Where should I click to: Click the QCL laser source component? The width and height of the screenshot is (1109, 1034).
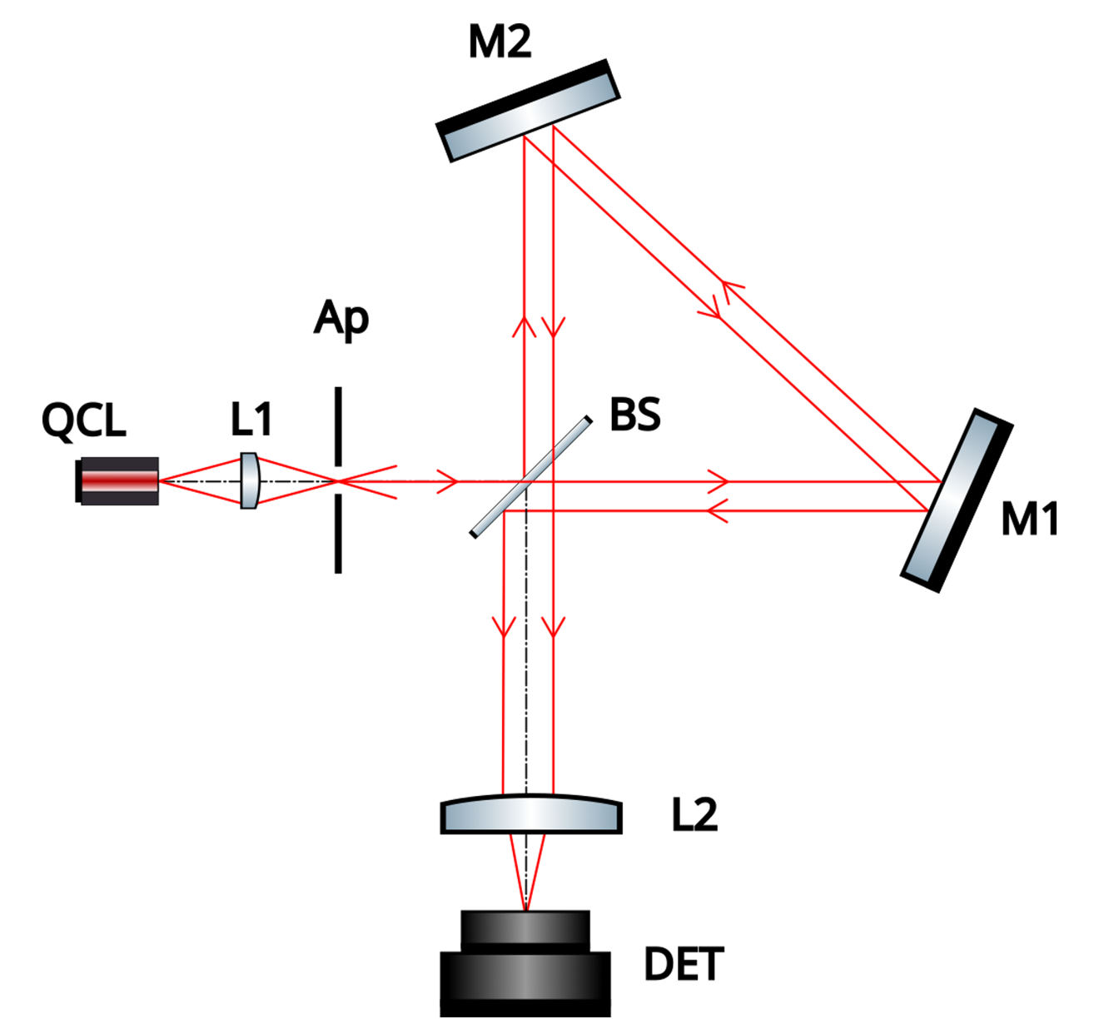tap(117, 481)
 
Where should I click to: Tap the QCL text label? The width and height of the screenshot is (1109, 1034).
tap(83, 420)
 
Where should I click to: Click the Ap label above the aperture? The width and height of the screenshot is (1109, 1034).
tap(341, 319)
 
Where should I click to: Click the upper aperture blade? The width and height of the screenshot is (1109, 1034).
tap(338, 426)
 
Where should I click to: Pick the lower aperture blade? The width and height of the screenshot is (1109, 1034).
tap(338, 534)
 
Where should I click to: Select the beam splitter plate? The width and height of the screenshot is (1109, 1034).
tap(531, 477)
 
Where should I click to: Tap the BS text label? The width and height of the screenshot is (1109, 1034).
tap(635, 415)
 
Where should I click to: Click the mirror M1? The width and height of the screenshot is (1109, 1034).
tap(957, 500)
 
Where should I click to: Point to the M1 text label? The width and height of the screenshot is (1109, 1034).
tap(1029, 520)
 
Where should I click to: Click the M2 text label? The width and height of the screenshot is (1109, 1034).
tap(500, 42)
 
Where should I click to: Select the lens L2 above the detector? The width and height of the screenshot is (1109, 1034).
tap(531, 814)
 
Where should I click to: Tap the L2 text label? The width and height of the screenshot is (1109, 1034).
tap(694, 814)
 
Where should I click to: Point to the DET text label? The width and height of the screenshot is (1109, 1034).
tap(684, 964)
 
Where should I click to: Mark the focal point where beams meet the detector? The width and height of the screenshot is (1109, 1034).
tap(525, 910)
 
